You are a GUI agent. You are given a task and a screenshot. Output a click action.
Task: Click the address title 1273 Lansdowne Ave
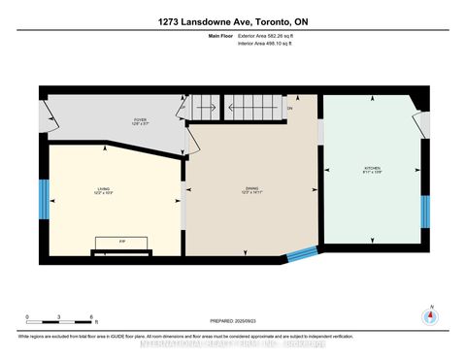click(233, 20)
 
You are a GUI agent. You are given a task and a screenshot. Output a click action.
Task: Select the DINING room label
click(250, 190)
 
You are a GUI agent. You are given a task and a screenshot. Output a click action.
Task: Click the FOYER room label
click(140, 121)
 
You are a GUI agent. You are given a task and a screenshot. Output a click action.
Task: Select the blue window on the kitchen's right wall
click(424, 211)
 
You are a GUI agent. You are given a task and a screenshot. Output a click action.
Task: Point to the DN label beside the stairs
click(288, 109)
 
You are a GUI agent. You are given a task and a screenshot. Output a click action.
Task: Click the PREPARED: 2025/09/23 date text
click(233, 321)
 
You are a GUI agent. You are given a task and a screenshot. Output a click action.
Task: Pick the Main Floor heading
click(221, 36)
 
